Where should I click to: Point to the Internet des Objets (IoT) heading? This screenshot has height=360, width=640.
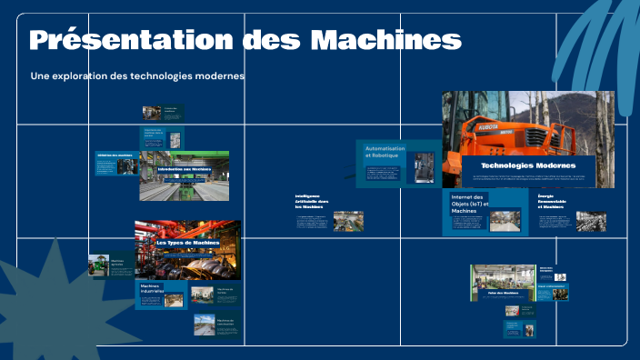click(470, 204)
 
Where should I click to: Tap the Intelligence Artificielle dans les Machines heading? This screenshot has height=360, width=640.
click(311, 201)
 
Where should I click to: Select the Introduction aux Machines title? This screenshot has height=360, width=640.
click(184, 169)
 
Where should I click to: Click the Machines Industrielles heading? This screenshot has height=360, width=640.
click(155, 289)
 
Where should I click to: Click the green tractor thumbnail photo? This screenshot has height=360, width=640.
click(99, 265)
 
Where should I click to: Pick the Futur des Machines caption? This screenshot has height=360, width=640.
click(503, 293)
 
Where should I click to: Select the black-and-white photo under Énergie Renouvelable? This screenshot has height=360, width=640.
click(591, 221)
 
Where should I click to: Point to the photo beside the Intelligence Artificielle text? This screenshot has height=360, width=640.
click(348, 221)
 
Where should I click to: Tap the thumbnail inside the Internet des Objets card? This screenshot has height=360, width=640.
click(508, 221)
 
